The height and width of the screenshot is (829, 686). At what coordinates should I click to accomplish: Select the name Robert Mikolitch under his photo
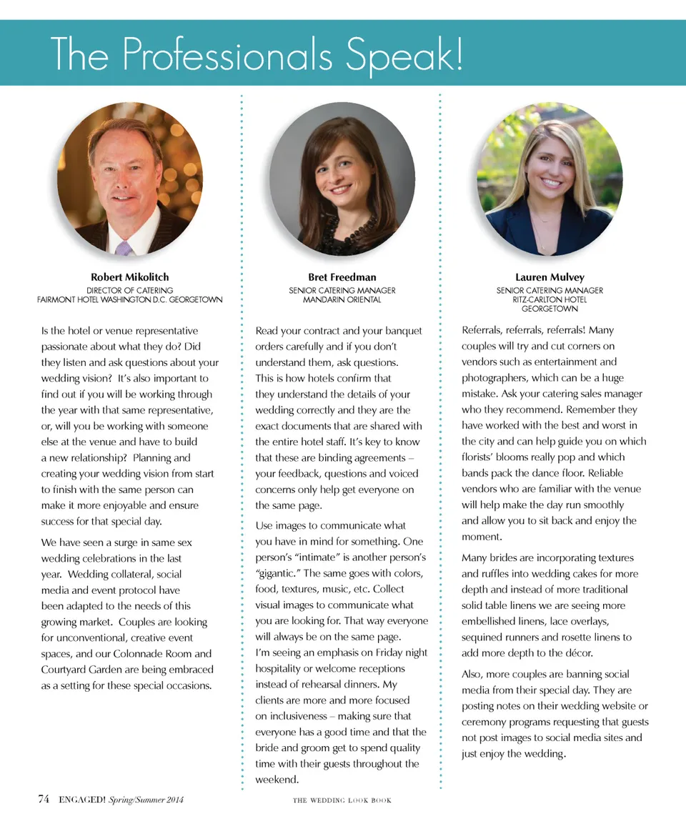[x=129, y=277]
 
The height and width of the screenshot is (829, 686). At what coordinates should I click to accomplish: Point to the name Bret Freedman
[x=342, y=277]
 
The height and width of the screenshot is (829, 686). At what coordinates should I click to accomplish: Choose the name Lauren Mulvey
[x=550, y=277]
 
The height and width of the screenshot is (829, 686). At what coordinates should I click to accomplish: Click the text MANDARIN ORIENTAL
[x=342, y=299]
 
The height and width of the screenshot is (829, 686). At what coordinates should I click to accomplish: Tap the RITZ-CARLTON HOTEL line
[x=550, y=299]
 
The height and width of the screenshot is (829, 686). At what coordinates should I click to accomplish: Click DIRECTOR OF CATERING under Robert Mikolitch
[x=129, y=290]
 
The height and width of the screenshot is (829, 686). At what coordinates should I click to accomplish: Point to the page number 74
[x=44, y=799]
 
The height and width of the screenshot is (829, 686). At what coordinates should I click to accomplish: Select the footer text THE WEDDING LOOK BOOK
[x=342, y=800]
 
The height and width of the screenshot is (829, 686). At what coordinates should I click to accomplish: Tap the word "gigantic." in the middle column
[x=279, y=573]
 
